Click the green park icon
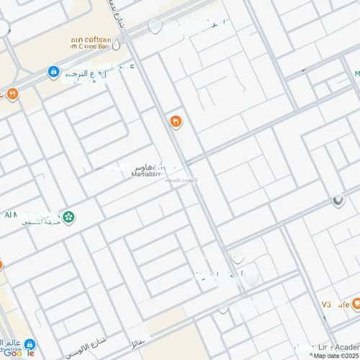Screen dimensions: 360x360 coord(68,217)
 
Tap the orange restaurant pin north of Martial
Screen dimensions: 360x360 coord(175,122)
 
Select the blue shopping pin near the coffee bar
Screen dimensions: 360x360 coord(53,72)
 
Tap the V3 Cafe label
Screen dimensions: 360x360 coord(333,305)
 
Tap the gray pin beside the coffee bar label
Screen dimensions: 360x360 coord(116,45)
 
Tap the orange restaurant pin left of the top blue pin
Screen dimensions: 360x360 coord(12,94)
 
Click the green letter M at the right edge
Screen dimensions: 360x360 coord(356,73)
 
